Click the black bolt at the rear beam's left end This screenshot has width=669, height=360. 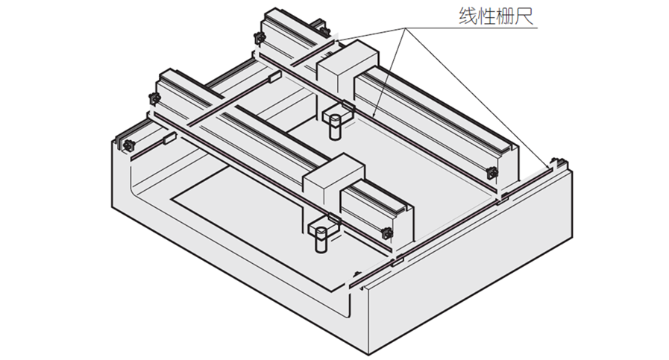[260, 37]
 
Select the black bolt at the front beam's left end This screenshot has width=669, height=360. [155, 99]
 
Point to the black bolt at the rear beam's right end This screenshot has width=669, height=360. [491, 173]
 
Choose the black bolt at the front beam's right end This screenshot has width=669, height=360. [387, 234]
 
